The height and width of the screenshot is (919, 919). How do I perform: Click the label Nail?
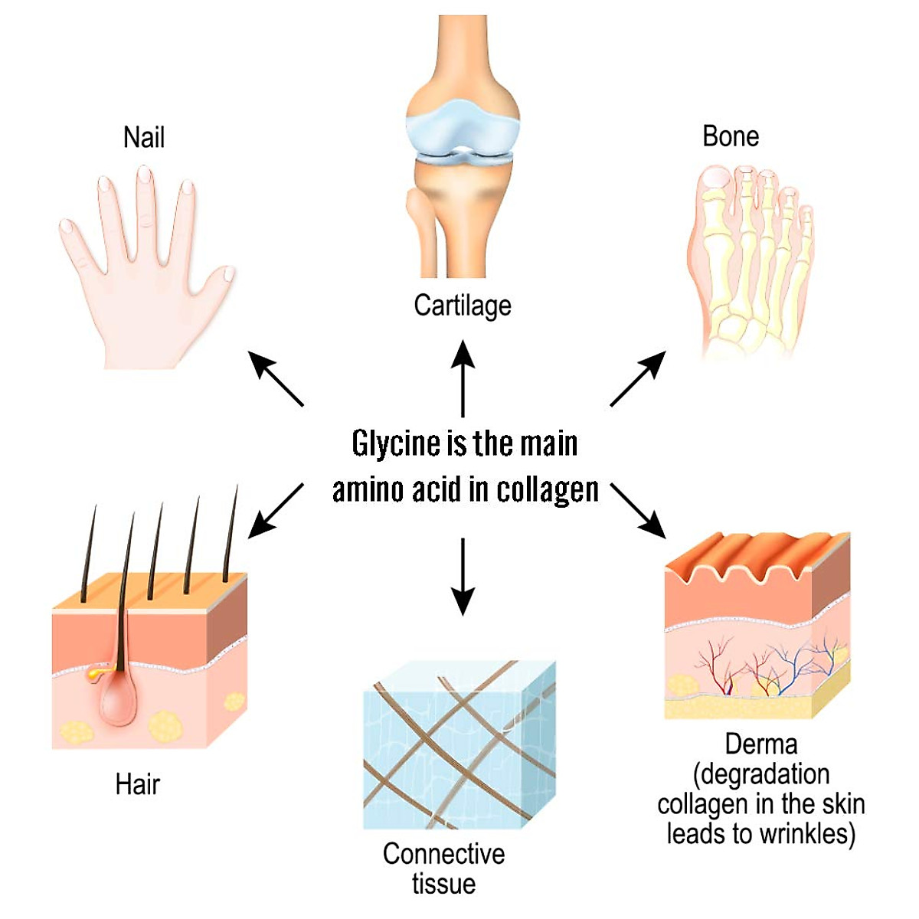click(143, 137)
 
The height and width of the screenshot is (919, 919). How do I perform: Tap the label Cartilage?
click(462, 306)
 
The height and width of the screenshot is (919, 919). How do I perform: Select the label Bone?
click(730, 136)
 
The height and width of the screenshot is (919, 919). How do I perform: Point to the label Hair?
click(137, 784)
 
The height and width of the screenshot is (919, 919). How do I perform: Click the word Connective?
click(443, 853)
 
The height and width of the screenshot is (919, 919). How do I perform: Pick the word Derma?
click(761, 744)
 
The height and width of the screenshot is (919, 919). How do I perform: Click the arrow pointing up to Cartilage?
click(463, 378)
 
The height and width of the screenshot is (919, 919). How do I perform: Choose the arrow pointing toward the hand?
click(276, 378)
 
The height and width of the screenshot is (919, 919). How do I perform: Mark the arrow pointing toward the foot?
click(638, 378)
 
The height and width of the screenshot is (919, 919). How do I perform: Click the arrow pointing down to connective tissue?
click(463, 577)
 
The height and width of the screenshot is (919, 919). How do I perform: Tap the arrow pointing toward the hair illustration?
click(276, 511)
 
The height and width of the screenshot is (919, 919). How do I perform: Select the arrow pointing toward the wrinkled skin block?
click(638, 511)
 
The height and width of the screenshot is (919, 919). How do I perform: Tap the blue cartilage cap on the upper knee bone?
click(462, 125)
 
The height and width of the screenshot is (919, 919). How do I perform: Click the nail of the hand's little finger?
click(66, 226)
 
